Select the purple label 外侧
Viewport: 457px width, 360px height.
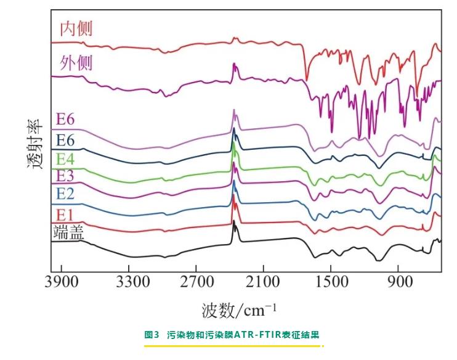coord(76,63)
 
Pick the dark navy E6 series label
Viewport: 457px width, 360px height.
coord(66,139)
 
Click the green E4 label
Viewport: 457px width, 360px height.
coord(66,159)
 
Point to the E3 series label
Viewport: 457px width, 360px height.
coord(66,176)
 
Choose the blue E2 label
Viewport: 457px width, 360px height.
coord(66,194)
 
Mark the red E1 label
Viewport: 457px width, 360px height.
coord(66,215)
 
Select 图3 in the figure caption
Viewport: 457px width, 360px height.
coord(152,335)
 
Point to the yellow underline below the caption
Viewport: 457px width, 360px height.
coord(233,346)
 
